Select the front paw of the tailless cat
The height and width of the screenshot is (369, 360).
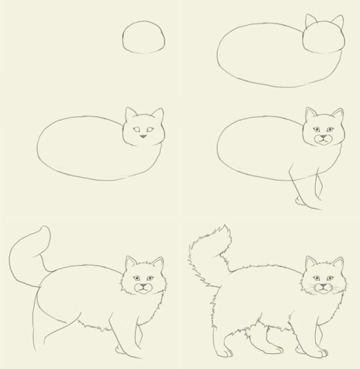point(299,201)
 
